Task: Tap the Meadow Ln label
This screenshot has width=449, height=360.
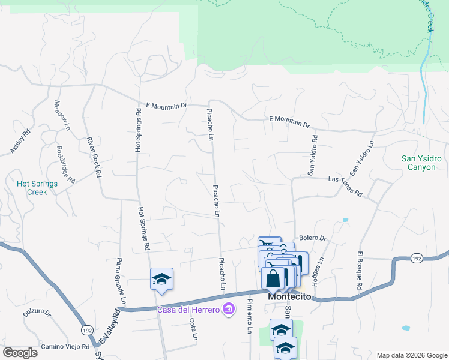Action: [62, 115]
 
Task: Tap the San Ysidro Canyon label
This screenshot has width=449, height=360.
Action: [421, 163]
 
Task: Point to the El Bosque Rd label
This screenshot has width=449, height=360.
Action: [360, 271]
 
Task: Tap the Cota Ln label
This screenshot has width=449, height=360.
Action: [193, 329]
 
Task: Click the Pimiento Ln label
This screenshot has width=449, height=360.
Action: [249, 318]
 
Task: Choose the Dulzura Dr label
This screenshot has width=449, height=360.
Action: [37, 313]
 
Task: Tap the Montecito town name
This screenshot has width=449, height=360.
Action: [289, 297]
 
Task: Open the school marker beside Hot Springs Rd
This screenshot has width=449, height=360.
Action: [161, 279]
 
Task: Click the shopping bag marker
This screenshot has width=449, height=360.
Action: [273, 280]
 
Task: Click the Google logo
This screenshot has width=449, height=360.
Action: [19, 353]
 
